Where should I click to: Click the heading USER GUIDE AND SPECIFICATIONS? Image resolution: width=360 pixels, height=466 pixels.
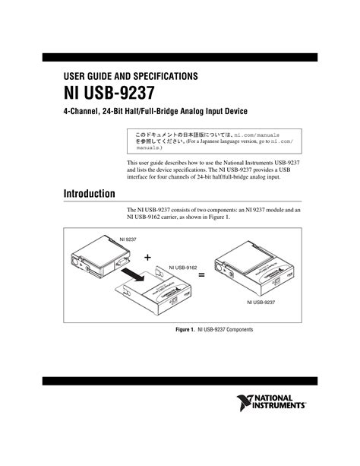pos(130,76)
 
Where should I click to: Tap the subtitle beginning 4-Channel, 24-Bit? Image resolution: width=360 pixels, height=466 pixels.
pos(155,112)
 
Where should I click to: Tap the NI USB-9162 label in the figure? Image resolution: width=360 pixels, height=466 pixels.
pos(182,268)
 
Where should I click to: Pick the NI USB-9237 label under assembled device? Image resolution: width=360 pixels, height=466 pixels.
pos(260,302)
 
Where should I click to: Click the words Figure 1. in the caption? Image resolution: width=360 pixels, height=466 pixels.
pos(185,330)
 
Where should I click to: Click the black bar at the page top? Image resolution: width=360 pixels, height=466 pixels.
pos(179,57)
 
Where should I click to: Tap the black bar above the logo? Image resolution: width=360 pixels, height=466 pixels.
pos(179,380)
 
